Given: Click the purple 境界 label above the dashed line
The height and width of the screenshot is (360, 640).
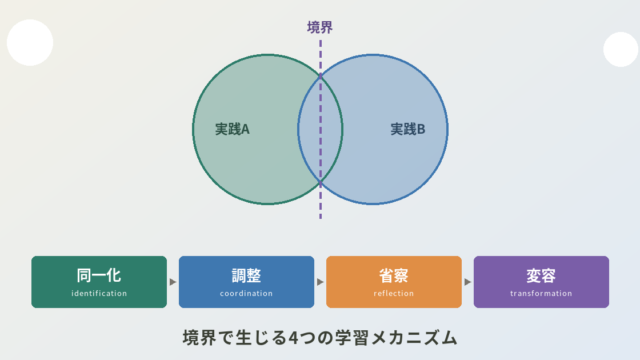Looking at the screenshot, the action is pos(320,27).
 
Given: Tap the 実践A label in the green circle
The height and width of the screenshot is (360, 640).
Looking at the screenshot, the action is pos(232,129).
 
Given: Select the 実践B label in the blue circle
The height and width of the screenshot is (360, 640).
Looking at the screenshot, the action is pos(408,129).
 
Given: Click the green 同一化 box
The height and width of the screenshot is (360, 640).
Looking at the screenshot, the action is pos(99,282).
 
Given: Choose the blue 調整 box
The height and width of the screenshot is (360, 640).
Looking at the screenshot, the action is pos(247,282).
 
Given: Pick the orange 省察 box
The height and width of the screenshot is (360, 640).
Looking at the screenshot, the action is pos(394,282).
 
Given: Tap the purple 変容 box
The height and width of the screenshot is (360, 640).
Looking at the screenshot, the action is pos(541,282).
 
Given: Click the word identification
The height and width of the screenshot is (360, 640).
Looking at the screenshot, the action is pos(99,293).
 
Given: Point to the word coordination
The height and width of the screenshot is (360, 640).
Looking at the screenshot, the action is pos(246,293).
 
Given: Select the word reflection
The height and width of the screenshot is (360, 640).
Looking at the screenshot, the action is pos(393,293).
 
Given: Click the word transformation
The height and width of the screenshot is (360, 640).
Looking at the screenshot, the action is pos(541,293).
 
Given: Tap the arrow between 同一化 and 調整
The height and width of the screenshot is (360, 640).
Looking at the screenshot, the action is pos(173,282).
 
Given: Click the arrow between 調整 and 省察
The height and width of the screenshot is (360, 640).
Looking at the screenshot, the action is pos(320,282).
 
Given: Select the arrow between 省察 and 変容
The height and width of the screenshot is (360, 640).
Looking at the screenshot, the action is pos(468,282).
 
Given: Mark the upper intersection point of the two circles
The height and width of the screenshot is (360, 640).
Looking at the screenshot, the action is pos(320,76).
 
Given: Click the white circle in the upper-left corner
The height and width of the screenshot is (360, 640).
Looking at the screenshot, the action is pos(30,42).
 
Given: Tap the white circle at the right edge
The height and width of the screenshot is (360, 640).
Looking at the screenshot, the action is pos(621,49).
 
